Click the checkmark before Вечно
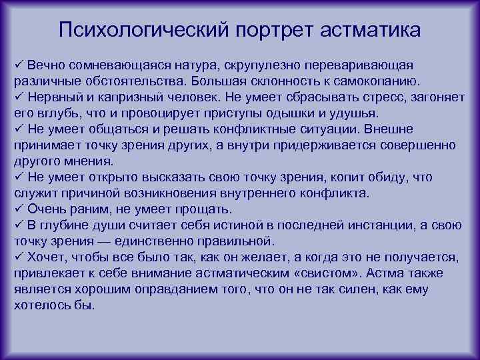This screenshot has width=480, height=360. coord(19,65)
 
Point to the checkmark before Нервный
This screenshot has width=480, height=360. coord(19,97)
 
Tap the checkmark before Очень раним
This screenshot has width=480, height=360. coord(19,209)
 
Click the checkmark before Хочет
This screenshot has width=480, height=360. coord(19,257)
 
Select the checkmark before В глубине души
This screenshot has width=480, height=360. coord(19,225)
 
